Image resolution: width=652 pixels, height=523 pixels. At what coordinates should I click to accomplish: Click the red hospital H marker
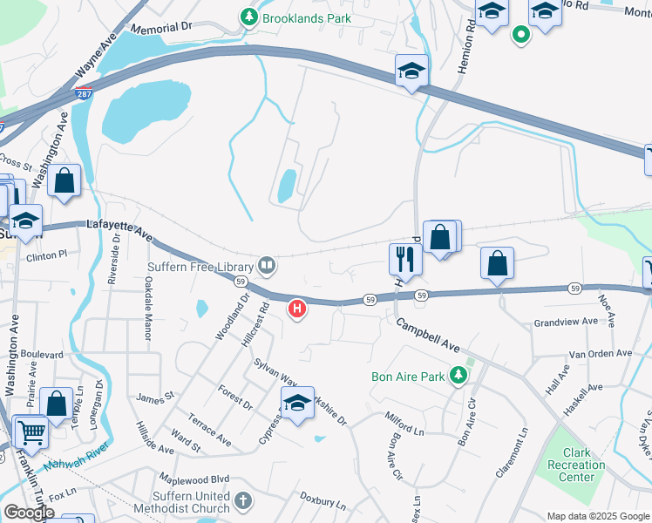click(x=298, y=309)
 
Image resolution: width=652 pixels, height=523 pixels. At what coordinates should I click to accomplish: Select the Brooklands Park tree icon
click(x=249, y=17)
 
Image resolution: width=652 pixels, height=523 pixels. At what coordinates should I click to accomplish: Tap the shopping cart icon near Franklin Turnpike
click(x=31, y=431)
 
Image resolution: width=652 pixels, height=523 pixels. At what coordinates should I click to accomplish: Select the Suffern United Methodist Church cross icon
click(x=242, y=501)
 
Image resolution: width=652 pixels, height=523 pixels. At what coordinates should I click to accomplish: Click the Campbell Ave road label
click(x=428, y=335)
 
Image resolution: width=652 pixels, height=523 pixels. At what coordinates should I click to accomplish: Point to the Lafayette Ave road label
click(x=119, y=230)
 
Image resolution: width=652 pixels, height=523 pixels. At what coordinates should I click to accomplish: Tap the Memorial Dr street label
click(x=160, y=28)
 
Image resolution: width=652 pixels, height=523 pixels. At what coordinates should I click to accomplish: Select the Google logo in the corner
click(x=29, y=513)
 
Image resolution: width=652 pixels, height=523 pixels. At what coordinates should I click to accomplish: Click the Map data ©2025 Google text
click(x=597, y=515)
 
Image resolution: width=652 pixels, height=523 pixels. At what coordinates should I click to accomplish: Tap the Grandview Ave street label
click(x=566, y=322)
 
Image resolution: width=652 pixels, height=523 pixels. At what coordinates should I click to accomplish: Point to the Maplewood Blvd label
click(x=193, y=479)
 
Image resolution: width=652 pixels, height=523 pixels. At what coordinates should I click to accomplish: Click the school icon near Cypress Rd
click(x=297, y=404)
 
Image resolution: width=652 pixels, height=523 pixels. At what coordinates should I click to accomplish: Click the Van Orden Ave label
click(x=599, y=354)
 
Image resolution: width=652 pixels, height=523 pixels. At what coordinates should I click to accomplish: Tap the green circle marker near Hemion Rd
click(x=521, y=35)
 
